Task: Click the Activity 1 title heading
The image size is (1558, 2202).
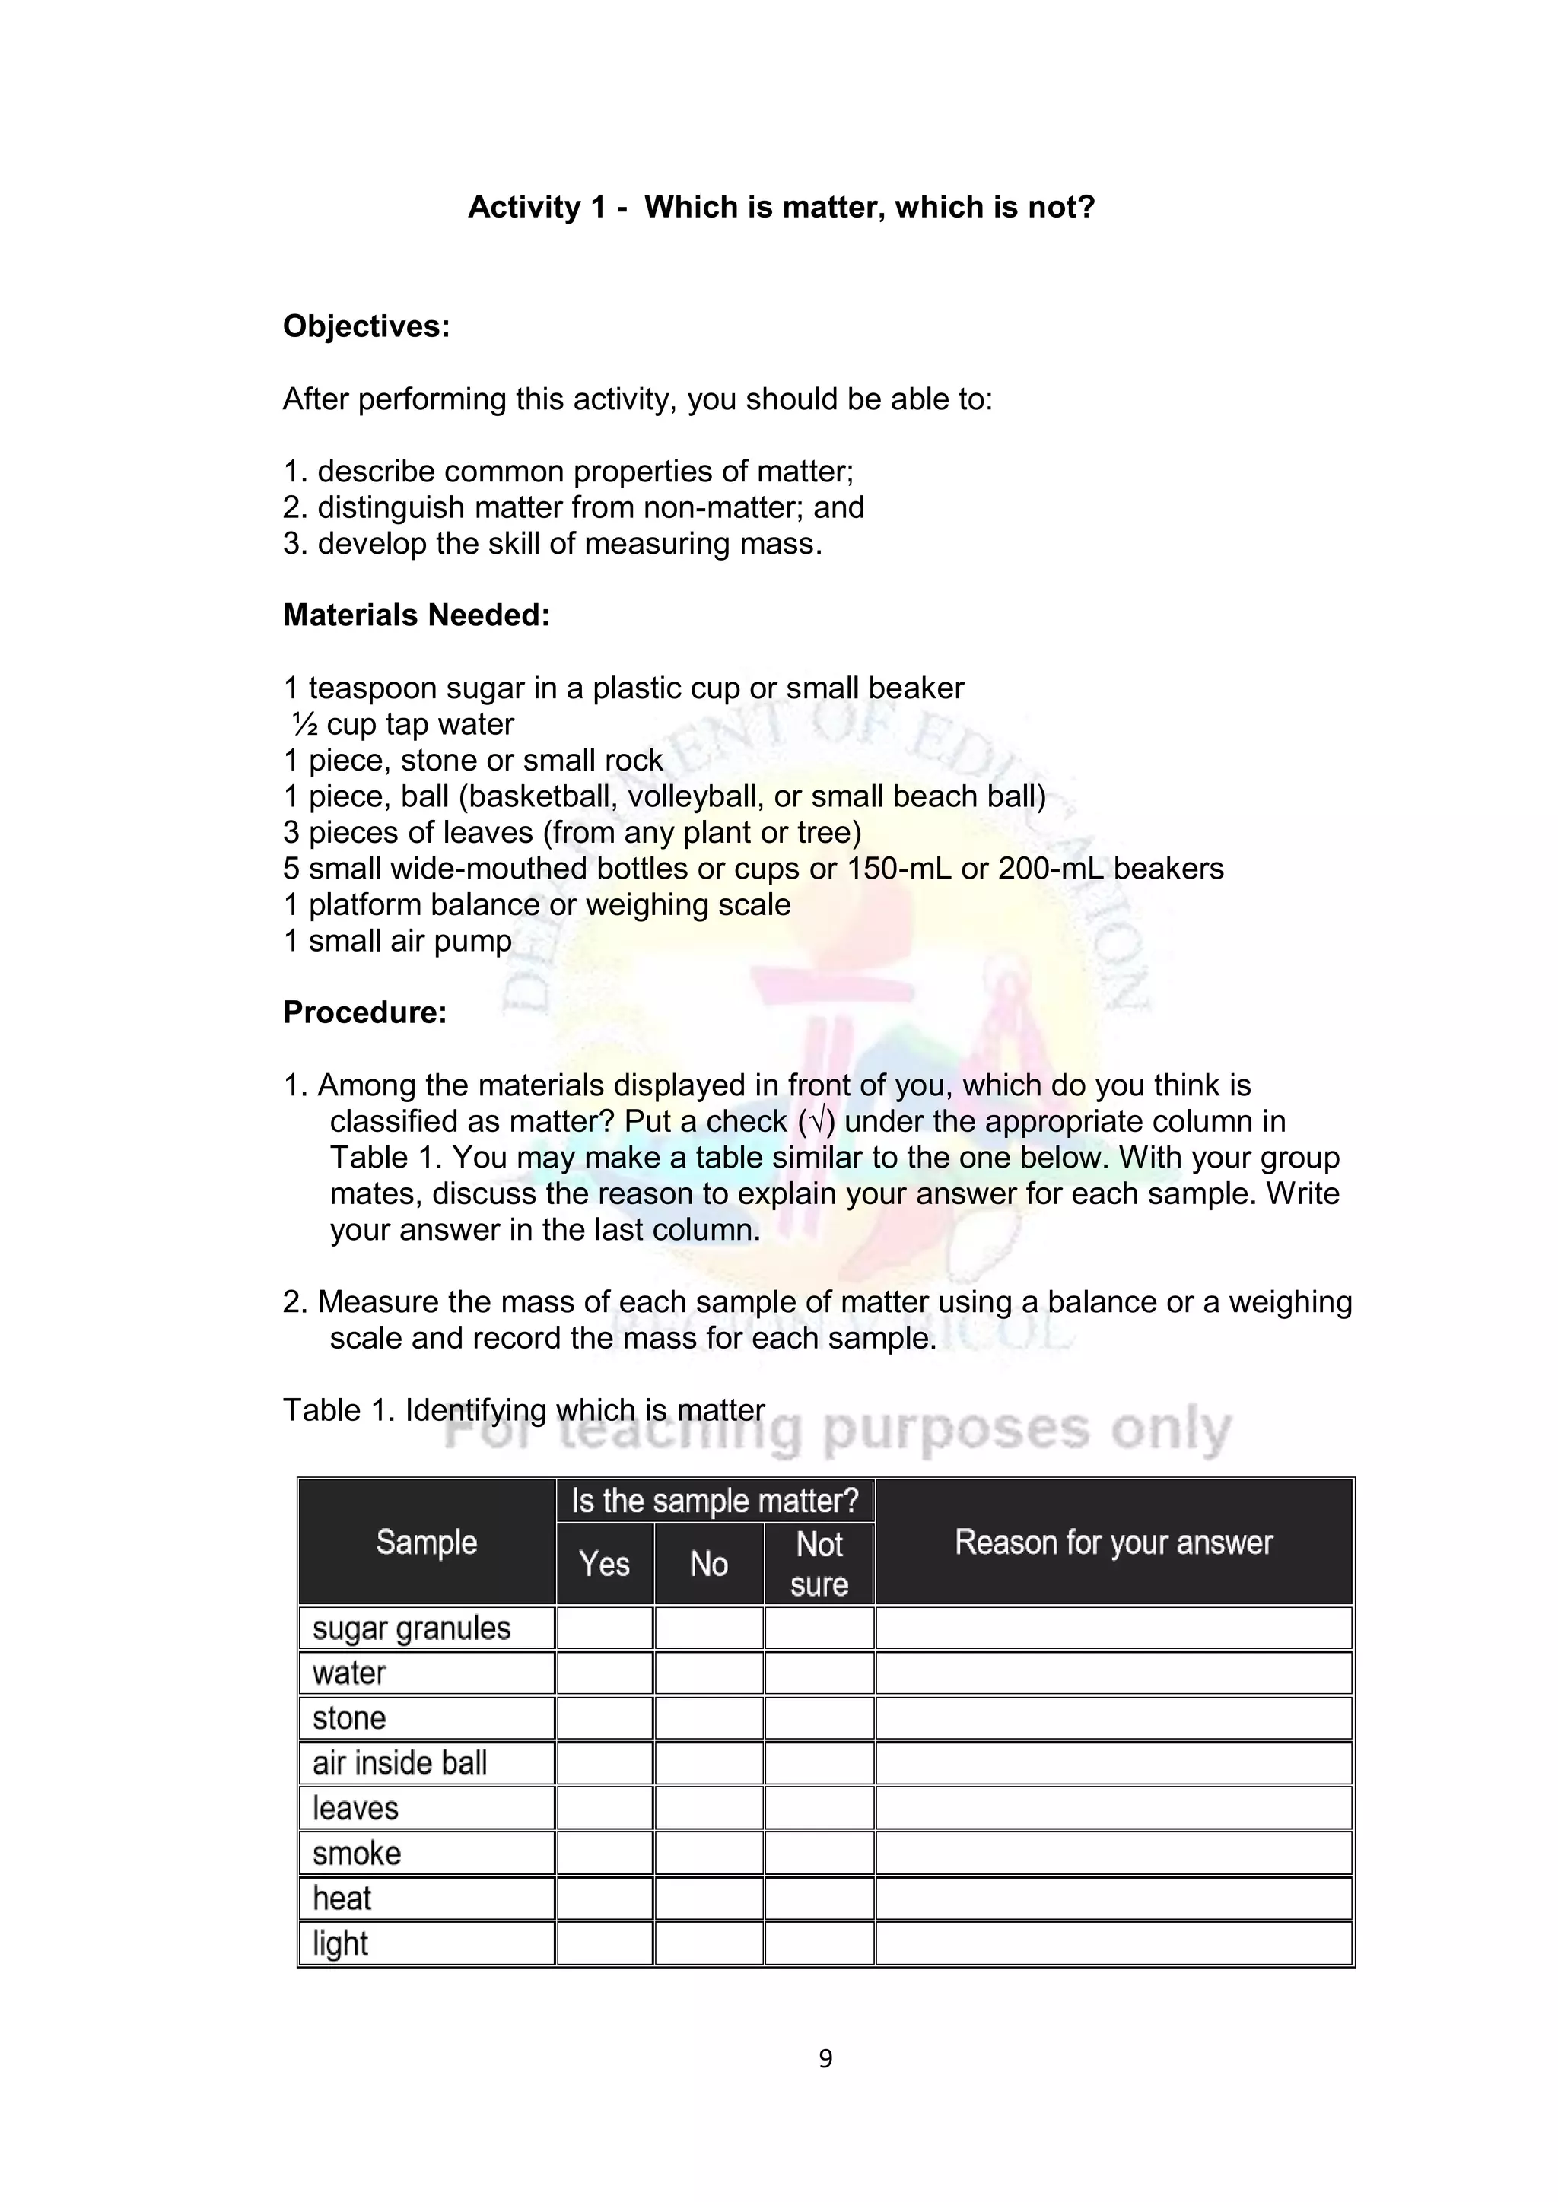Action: (781, 207)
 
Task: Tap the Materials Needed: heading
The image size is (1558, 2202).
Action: (416, 615)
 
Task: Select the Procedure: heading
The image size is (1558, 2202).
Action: (364, 1012)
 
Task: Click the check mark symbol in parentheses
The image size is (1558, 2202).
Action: (816, 1121)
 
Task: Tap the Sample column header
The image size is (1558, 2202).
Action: (426, 1543)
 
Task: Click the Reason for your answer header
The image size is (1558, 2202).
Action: (1113, 1543)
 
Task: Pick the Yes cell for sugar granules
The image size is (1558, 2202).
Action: (604, 1628)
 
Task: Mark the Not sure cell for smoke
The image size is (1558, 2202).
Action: (819, 1854)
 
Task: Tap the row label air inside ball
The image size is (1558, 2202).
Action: (399, 1763)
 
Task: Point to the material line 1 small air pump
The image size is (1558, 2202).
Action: (397, 941)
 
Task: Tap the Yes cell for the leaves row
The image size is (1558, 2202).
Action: (604, 1809)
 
